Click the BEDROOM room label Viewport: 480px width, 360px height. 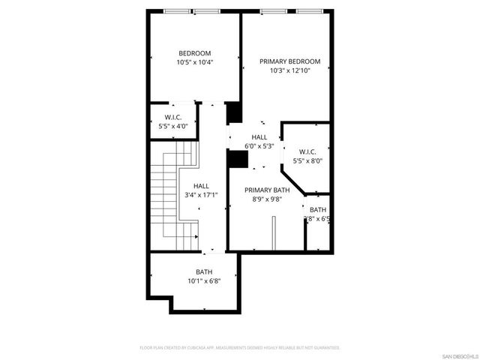194,53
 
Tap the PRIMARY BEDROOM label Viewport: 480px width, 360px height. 289,61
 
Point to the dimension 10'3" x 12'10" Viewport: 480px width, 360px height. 289,70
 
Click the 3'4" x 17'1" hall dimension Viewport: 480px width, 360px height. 201,195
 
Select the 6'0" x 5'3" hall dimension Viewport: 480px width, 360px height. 259,145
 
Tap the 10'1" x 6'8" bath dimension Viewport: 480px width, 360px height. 204,281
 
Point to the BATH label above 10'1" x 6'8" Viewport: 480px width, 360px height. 204,272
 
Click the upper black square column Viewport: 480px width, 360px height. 234,112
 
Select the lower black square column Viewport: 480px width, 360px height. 238,159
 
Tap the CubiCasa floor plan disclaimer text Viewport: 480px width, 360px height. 240,348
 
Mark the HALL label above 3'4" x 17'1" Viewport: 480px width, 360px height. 201,186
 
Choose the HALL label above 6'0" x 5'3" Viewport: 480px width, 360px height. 259,136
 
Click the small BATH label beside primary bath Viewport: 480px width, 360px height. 318,210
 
